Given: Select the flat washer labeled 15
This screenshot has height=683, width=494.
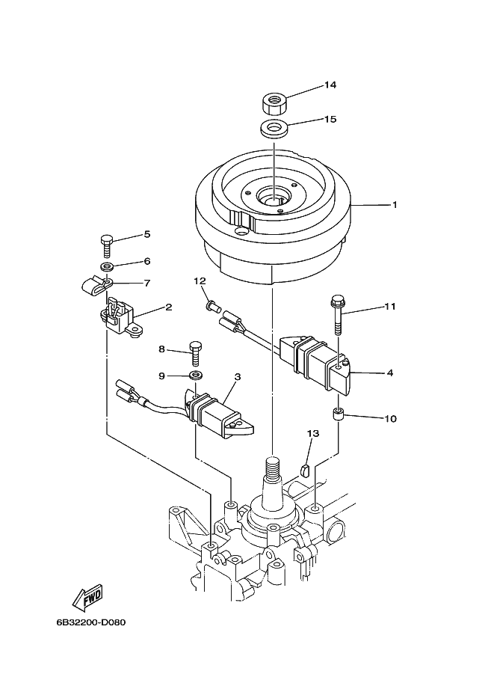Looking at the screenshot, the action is (x=274, y=129).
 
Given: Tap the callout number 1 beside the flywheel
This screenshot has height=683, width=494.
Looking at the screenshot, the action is (x=395, y=204).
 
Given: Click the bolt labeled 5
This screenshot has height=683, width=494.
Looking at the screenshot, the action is (x=107, y=245).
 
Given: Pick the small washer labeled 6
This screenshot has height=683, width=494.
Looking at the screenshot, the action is (x=107, y=266).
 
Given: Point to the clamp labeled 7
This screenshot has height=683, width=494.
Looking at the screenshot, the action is (x=97, y=285).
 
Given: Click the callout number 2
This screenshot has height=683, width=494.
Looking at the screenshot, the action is (x=169, y=307).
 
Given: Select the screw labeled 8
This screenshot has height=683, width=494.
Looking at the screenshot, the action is (x=195, y=354).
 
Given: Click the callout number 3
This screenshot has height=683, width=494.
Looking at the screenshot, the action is (x=238, y=377).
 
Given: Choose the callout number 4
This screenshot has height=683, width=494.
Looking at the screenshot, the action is (x=390, y=373).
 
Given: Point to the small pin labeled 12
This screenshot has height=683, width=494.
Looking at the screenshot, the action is (x=211, y=307).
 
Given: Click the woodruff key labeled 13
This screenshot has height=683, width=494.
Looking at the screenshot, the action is (x=305, y=471).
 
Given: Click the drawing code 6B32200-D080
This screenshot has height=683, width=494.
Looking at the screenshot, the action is (x=91, y=622).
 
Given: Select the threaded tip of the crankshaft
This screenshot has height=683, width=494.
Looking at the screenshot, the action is (x=271, y=465).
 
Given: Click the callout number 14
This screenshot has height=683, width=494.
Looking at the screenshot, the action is (x=330, y=85).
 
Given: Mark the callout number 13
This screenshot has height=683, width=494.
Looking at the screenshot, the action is (x=312, y=433).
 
